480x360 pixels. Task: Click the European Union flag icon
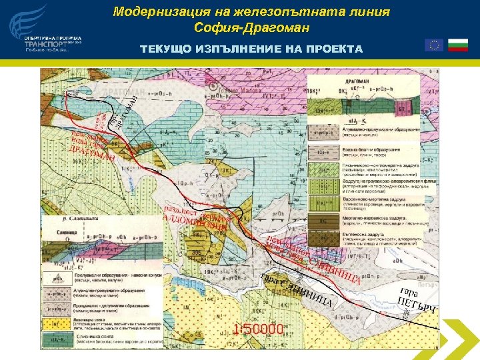point(434,45)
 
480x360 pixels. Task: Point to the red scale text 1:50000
point(260,329)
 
